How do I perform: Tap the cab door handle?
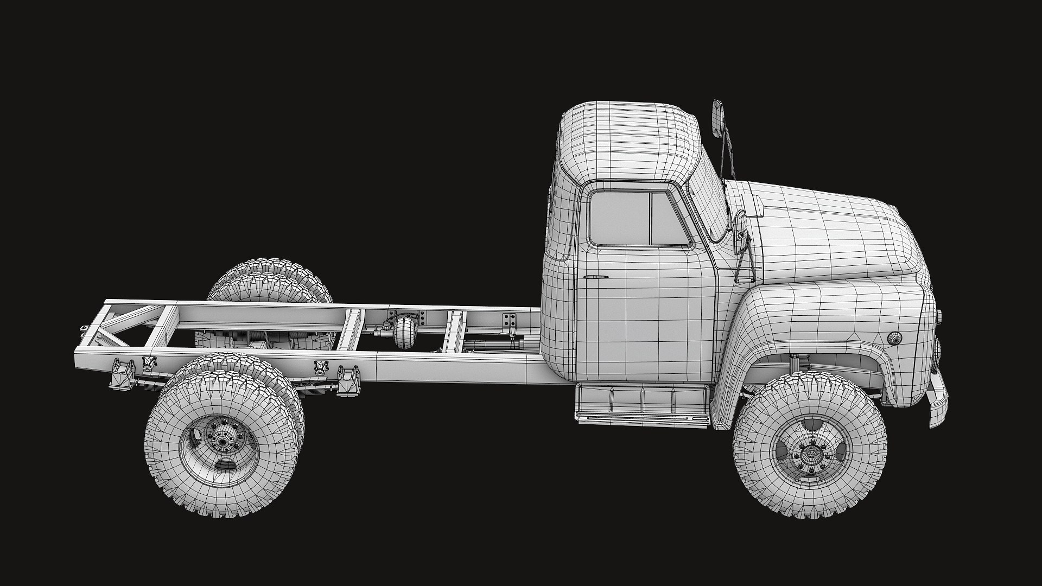point(596,277)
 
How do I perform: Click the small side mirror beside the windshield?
point(740,233)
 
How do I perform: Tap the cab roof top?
point(630,125)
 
